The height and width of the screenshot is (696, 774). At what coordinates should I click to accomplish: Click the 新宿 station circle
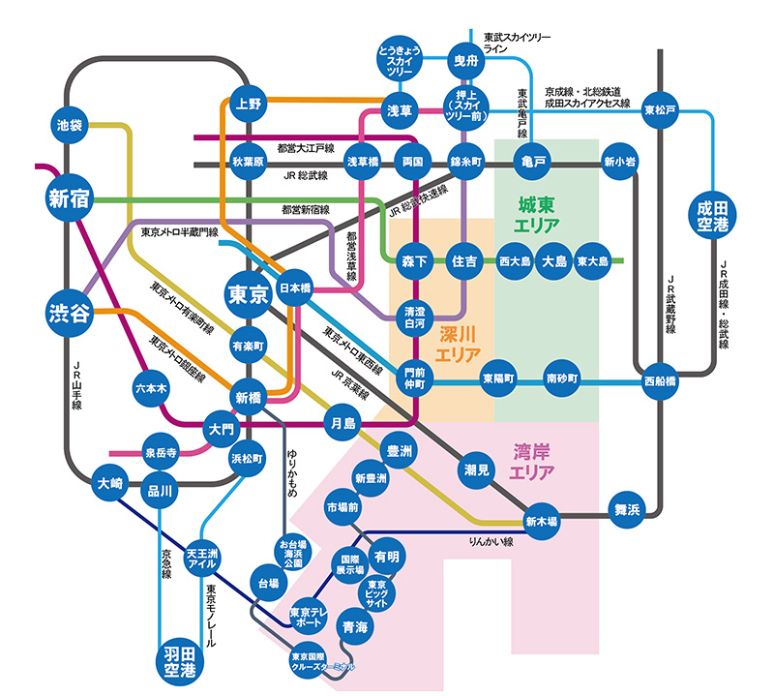pos(68,198)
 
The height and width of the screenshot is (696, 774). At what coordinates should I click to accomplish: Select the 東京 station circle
pos(248,295)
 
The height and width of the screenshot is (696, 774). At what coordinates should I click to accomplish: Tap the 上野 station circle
pos(248,104)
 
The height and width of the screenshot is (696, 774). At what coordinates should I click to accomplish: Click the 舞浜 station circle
pos(626,510)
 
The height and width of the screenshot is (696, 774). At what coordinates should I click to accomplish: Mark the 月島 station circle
pos(342,422)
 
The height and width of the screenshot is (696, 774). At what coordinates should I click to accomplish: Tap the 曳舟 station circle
pos(466,60)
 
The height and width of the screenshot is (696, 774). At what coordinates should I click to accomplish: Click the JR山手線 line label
pos(80,385)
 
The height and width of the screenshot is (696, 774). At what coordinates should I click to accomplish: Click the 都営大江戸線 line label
pos(305,149)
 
